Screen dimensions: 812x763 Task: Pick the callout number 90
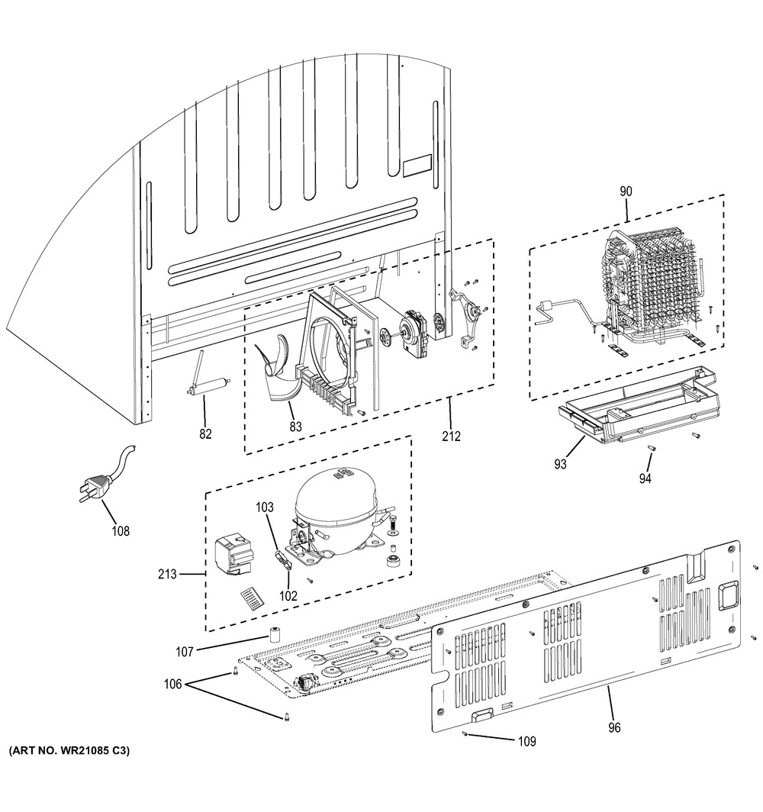[626, 192]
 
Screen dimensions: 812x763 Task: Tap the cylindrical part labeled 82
[204, 388]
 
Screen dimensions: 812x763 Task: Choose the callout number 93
[561, 464]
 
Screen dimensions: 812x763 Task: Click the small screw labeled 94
[653, 449]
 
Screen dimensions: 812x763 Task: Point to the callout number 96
[613, 727]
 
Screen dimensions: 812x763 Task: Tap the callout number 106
[172, 685]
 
